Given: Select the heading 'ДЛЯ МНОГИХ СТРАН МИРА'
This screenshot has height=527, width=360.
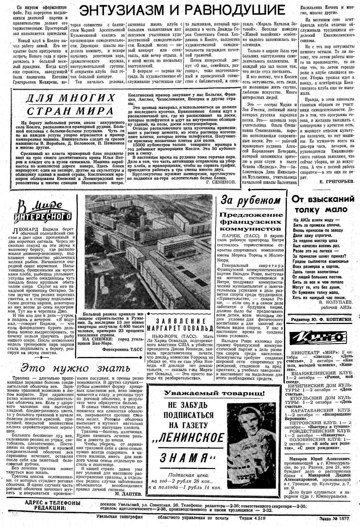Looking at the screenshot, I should tap(69, 105).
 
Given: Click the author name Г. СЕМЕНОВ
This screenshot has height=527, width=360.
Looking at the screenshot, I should tap(220, 182).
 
